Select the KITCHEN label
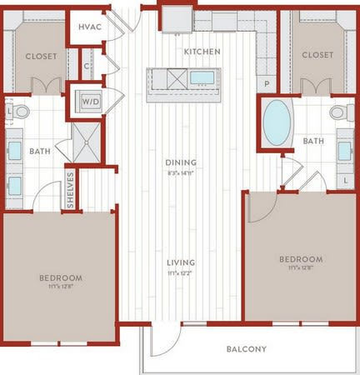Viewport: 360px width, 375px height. coord(202,52)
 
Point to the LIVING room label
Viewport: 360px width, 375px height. coord(181,262)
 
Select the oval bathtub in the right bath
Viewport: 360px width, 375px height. coord(277,122)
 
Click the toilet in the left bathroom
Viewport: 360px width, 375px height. coord(20,111)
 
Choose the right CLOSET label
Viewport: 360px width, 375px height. coord(317,55)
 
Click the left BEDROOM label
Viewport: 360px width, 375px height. coord(60,277)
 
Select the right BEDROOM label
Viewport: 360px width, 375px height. coord(299,259)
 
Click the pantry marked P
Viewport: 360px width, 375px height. coord(267,84)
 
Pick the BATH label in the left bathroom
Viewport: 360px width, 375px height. coord(39,152)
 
